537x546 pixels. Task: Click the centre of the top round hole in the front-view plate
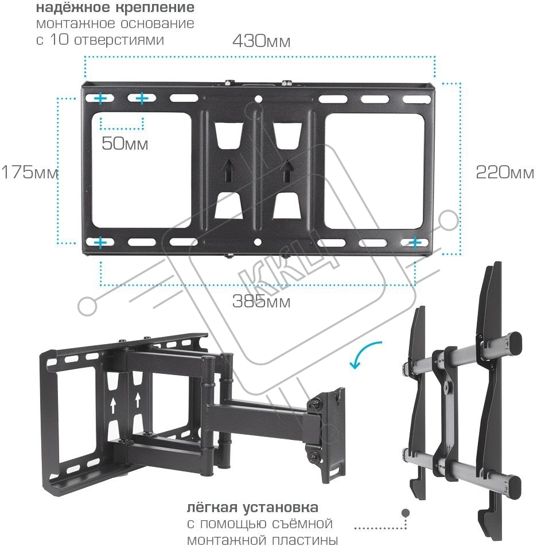pos(258,99)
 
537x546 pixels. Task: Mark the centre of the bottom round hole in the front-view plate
pos(258,241)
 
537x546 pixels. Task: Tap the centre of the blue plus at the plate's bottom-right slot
pos(415,242)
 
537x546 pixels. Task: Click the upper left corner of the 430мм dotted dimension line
pos(85,56)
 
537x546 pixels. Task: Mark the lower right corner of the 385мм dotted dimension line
pos(415,285)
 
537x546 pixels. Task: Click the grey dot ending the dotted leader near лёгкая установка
pos(406,513)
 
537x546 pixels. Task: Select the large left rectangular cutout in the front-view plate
pos(141,170)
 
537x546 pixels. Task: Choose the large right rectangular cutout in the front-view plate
pos(375,171)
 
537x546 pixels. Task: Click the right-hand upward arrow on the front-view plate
pos(286,171)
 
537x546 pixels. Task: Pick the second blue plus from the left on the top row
pos(142,99)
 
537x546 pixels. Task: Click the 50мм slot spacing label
pos(124,143)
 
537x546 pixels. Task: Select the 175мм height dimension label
pos(29,171)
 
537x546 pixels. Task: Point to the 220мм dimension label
pos(505,172)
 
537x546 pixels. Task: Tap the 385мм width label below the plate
pos(261,301)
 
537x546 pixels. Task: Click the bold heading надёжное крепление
pos(115,7)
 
